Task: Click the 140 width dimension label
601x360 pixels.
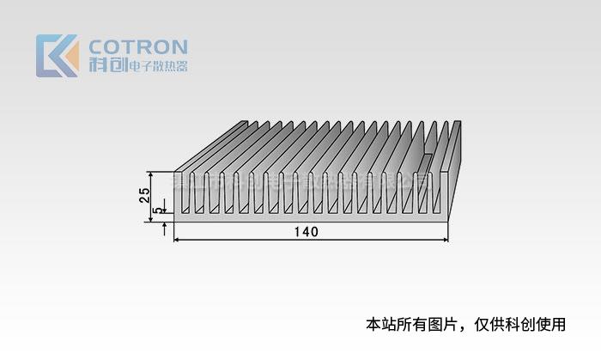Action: (x=306, y=232)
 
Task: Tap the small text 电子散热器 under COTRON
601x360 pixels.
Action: (x=156, y=66)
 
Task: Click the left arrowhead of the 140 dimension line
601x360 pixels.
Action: (x=178, y=239)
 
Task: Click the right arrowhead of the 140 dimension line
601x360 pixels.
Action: (x=446, y=239)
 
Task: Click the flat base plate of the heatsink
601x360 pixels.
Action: (x=309, y=217)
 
